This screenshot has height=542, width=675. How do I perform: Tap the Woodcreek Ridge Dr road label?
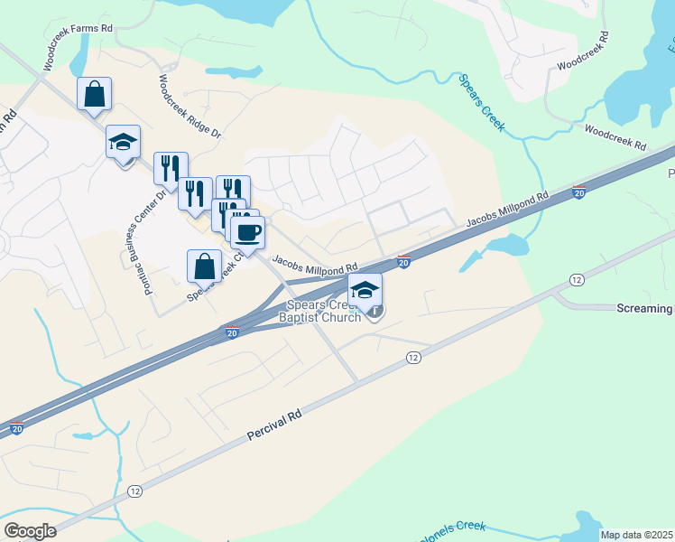[x=189, y=106]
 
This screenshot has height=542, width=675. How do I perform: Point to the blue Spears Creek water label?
[x=481, y=102]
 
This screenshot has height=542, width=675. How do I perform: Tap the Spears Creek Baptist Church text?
[x=319, y=311]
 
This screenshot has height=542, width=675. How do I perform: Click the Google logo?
[x=30, y=531]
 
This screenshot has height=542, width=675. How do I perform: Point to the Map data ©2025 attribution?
[x=636, y=535]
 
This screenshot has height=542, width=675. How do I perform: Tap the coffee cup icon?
[x=248, y=233]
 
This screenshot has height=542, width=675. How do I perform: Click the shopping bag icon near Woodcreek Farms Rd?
[x=95, y=93]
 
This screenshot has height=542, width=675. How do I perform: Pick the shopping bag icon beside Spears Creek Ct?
[x=205, y=266]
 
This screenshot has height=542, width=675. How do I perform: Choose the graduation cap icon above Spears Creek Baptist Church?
[x=365, y=290]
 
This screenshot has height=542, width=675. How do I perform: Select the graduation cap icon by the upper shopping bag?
[x=124, y=141]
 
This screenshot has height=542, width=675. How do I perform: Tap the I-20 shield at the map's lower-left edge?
[x=16, y=428]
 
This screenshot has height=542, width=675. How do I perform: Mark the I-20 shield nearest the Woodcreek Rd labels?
[x=578, y=192]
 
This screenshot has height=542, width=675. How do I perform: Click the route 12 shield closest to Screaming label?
[x=575, y=280]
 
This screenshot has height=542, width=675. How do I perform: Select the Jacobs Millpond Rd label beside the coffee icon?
[x=315, y=266]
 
